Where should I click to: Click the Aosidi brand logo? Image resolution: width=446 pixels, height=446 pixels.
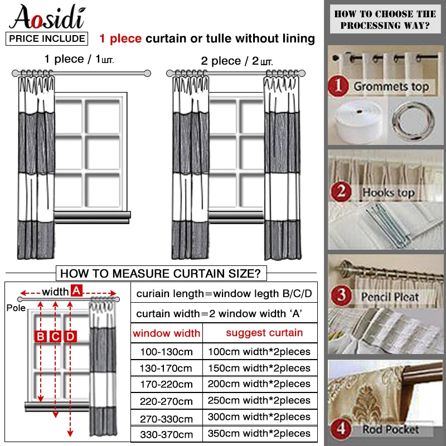click(47, 17)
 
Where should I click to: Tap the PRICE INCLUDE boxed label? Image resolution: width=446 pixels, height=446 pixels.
click(47, 38)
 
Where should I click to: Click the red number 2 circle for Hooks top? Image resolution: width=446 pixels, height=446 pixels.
click(340, 192)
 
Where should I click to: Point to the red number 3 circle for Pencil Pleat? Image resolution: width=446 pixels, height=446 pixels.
click(340, 295)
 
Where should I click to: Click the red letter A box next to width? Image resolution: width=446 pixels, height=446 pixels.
click(76, 290)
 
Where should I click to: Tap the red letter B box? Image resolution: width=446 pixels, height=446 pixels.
click(41, 336)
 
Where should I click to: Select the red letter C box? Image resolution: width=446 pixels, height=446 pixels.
click(55, 336)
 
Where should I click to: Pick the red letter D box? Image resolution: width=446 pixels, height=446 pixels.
click(70, 336)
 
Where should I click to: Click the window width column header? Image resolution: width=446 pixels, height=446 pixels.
click(166, 333)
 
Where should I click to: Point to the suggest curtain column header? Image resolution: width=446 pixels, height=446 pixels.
click(264, 333)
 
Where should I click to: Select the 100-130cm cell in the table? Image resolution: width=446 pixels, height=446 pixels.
click(166, 352)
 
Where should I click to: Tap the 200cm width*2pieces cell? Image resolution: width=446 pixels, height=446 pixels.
click(259, 384)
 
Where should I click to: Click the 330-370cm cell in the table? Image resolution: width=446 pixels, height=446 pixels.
click(166, 434)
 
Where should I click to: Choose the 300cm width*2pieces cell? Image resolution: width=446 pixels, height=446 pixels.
click(259, 417)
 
